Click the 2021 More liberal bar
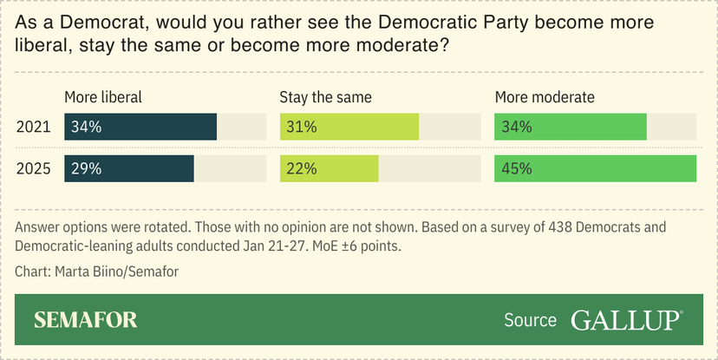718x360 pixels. click(140, 127)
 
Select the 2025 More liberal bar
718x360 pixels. click(129, 169)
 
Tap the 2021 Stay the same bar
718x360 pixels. click(349, 127)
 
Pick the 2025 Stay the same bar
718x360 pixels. click(330, 169)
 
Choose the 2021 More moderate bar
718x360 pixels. click(571, 127)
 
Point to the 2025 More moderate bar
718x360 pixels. click(596, 169)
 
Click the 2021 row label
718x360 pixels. click(34, 127)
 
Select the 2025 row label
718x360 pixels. click(34, 169)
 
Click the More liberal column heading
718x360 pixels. click(103, 97)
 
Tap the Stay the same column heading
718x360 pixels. click(325, 97)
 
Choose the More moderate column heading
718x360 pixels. click(545, 97)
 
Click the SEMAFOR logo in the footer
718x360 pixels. click(86, 320)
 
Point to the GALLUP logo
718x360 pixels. click(626, 320)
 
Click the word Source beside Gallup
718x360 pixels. click(530, 320)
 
